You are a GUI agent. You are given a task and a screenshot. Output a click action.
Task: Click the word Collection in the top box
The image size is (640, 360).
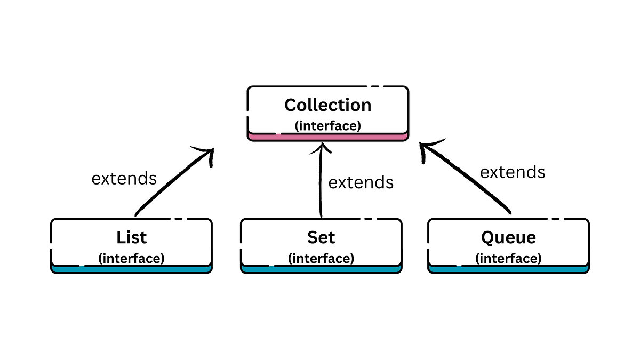click(327, 105)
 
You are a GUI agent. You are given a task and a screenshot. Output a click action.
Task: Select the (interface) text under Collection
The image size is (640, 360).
click(327, 126)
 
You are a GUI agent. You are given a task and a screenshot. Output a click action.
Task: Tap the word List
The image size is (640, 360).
click(131, 237)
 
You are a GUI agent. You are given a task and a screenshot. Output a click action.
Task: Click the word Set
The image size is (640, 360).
click(321, 237)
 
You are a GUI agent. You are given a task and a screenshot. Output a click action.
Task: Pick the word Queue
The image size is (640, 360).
click(508, 237)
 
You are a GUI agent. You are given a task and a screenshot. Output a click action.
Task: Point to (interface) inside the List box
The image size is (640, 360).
click(131, 258)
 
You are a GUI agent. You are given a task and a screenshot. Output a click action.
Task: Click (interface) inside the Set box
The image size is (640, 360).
click(321, 258)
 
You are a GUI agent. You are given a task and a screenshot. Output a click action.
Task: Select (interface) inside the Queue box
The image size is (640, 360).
click(508, 258)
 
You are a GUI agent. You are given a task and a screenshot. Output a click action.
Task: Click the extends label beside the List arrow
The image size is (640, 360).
click(124, 178)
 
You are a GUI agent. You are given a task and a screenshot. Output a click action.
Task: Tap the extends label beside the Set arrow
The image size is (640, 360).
click(361, 182)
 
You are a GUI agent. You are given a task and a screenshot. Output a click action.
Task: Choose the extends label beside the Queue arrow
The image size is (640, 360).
click(513, 172)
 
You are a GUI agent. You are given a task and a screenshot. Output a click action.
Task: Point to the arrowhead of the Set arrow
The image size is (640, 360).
click(322, 147)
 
